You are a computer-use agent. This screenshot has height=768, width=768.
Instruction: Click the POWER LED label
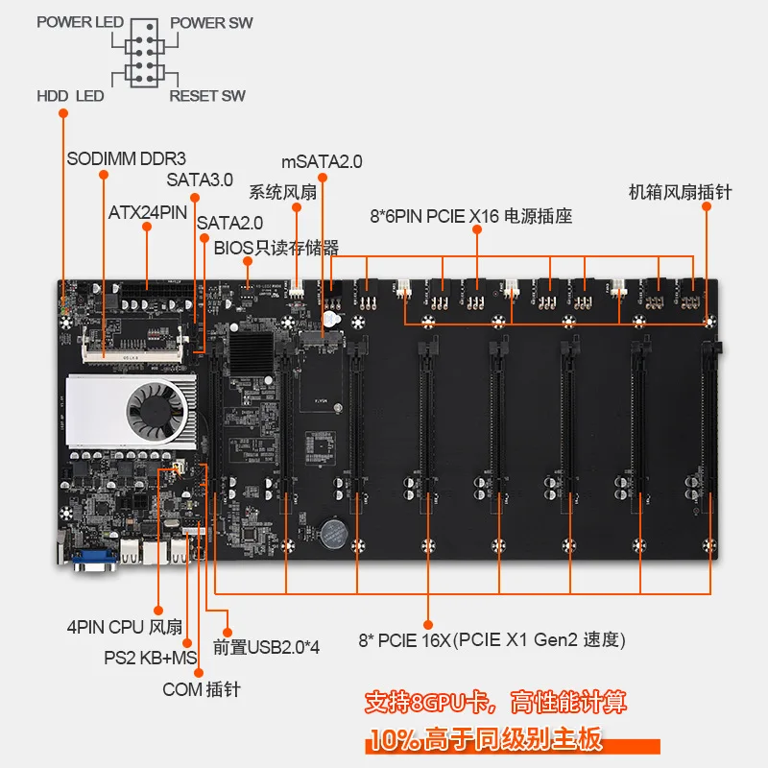tap(80, 22)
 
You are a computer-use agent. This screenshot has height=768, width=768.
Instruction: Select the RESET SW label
tap(207, 96)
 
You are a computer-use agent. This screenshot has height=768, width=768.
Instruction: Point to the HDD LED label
tap(70, 96)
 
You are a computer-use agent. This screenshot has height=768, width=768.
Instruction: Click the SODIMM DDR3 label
tap(126, 158)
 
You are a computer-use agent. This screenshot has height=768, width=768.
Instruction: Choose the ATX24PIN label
tap(146, 212)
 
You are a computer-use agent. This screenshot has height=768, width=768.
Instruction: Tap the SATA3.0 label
tap(200, 179)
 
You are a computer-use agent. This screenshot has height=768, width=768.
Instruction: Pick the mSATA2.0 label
tap(322, 162)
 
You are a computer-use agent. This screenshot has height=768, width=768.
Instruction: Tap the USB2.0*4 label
tap(266, 646)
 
